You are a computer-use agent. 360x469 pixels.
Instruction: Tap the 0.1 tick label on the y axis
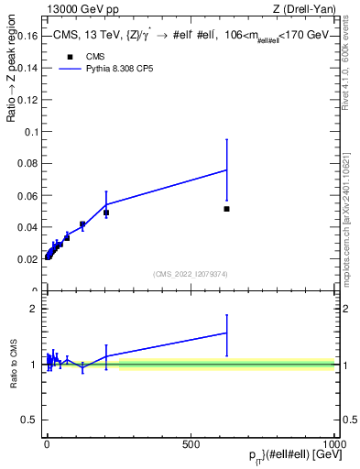[x=30, y=132]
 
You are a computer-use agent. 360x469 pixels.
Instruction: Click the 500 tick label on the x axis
[x=191, y=443]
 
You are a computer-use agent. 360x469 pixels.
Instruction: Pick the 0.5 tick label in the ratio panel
[x=30, y=420]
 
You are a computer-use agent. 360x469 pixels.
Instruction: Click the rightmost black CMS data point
[x=226, y=209]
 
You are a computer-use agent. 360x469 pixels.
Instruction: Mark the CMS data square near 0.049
[x=106, y=213]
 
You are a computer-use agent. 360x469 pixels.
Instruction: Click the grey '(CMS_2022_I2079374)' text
[x=190, y=274]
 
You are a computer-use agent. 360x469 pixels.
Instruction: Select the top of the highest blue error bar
[x=226, y=139]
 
